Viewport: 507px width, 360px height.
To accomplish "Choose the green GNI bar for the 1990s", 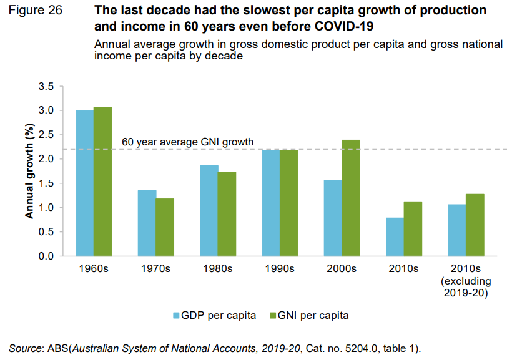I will click(x=288, y=203).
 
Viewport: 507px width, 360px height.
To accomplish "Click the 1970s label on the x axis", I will click(x=155, y=269).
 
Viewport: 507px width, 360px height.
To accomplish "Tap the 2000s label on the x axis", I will click(x=342, y=269).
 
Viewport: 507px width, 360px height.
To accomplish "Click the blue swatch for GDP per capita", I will click(x=177, y=315).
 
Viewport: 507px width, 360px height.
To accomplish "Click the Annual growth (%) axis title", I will click(x=29, y=171).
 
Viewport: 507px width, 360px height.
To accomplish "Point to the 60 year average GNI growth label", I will click(x=187, y=142).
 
